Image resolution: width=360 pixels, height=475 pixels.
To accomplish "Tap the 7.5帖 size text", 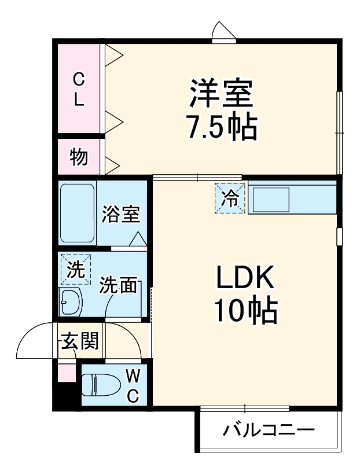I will [222, 128].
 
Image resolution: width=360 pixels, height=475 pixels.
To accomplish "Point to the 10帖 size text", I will [245, 313].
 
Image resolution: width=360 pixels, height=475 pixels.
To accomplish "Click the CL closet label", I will [79, 89].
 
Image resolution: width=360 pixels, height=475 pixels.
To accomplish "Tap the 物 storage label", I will [79, 156].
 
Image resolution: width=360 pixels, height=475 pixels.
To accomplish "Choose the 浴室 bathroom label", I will [120, 215].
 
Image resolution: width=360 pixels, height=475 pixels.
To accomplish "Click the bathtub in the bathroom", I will [78, 213].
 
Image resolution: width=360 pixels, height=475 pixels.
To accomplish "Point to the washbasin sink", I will [72, 301].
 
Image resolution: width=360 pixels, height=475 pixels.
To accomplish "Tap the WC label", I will [133, 386].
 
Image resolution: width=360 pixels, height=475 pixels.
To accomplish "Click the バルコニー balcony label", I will [269, 430].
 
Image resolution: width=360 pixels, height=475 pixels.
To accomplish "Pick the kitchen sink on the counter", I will [272, 200].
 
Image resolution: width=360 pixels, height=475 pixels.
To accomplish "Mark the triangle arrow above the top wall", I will [223, 30].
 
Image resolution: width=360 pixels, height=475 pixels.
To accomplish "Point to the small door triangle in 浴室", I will [138, 240].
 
